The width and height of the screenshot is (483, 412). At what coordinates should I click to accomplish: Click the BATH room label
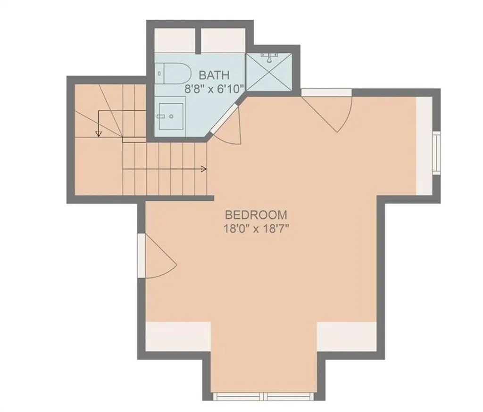tap(214, 75)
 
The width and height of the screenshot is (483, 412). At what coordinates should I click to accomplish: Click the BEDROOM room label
tap(256, 214)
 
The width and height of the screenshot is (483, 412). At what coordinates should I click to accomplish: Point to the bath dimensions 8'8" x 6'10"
tap(215, 89)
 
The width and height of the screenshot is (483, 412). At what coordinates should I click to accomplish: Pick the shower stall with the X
tap(269, 72)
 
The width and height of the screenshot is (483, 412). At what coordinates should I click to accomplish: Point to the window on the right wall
tap(436, 153)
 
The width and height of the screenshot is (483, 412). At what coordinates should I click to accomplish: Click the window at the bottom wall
tap(263, 396)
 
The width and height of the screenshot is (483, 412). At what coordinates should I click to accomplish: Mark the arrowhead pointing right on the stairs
tap(204, 169)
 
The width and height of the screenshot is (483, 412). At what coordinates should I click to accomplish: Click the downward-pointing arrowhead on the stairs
tap(98, 133)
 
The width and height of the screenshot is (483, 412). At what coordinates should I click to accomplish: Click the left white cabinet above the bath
tap(175, 41)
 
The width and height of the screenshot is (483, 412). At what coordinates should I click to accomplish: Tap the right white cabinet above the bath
tap(223, 41)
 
